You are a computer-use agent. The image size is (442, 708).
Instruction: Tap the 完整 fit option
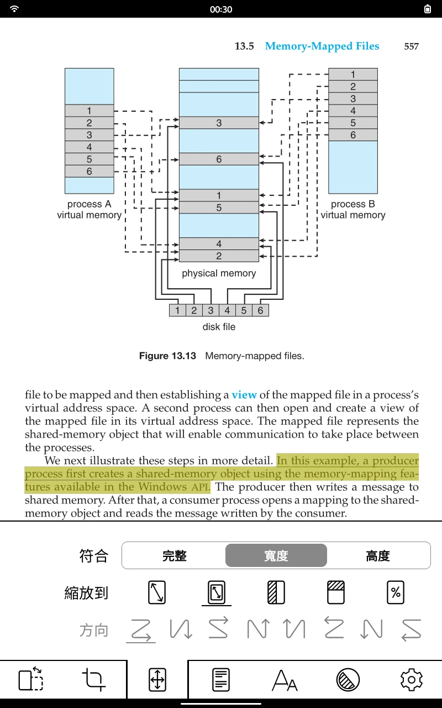pos(174,556)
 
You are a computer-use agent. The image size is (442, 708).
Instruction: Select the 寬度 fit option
pos(276,556)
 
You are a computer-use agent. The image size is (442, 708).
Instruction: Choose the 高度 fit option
pos(378,556)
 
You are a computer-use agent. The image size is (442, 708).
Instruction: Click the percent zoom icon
pos(396,592)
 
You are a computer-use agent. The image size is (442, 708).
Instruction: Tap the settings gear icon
pos(411,680)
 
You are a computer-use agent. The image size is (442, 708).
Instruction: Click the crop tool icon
pos(93,680)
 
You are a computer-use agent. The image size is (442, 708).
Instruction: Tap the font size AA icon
pos(285,680)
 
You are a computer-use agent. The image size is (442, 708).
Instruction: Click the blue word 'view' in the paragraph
pos(244,395)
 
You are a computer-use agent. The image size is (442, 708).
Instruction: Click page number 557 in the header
pos(412,46)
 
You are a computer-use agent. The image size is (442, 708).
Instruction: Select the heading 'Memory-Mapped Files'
pos(322,46)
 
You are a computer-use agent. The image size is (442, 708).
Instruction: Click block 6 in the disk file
pos(260,310)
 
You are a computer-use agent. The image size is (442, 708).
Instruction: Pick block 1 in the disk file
pos(177,310)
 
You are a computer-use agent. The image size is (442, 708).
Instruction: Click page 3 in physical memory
pos(219,123)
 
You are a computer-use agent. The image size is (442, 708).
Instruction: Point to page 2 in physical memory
pos(219,256)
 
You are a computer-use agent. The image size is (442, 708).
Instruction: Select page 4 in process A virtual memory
pos(90,147)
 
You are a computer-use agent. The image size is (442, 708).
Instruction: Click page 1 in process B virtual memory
pos(353,75)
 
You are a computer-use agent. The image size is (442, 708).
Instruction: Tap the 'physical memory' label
pos(219,273)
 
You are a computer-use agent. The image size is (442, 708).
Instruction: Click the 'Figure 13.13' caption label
pos(167,356)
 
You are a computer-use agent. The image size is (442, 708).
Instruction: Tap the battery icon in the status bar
pos(428,9)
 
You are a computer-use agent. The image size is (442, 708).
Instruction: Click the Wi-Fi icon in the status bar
pos(14,9)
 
